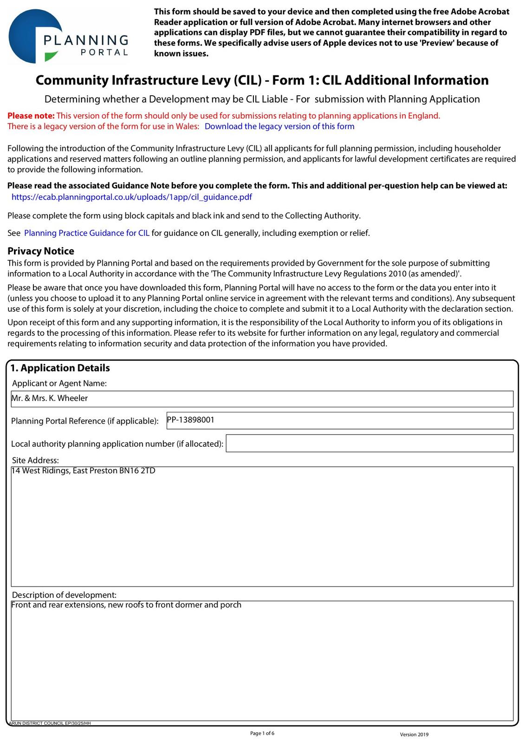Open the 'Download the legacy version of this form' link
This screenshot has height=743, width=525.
click(279, 126)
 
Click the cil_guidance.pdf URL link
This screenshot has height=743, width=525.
click(131, 197)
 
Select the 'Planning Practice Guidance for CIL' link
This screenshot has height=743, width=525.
click(87, 233)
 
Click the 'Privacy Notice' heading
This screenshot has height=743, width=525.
click(41, 251)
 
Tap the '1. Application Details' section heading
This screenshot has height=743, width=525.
click(60, 368)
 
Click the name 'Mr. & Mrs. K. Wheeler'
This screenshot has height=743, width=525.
click(50, 398)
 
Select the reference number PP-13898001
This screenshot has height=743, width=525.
click(190, 420)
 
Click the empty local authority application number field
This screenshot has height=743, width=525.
click(369, 443)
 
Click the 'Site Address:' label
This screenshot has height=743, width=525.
click(35, 460)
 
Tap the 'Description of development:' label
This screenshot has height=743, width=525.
click(64, 595)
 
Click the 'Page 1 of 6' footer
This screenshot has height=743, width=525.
click(262, 733)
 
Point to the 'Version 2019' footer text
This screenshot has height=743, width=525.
click(414, 734)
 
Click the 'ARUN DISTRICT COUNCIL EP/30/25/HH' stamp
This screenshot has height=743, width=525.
click(50, 723)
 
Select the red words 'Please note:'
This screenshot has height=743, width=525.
click(31, 116)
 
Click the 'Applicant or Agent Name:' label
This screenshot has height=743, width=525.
click(59, 383)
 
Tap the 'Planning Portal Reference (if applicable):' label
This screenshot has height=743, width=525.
click(85, 421)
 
